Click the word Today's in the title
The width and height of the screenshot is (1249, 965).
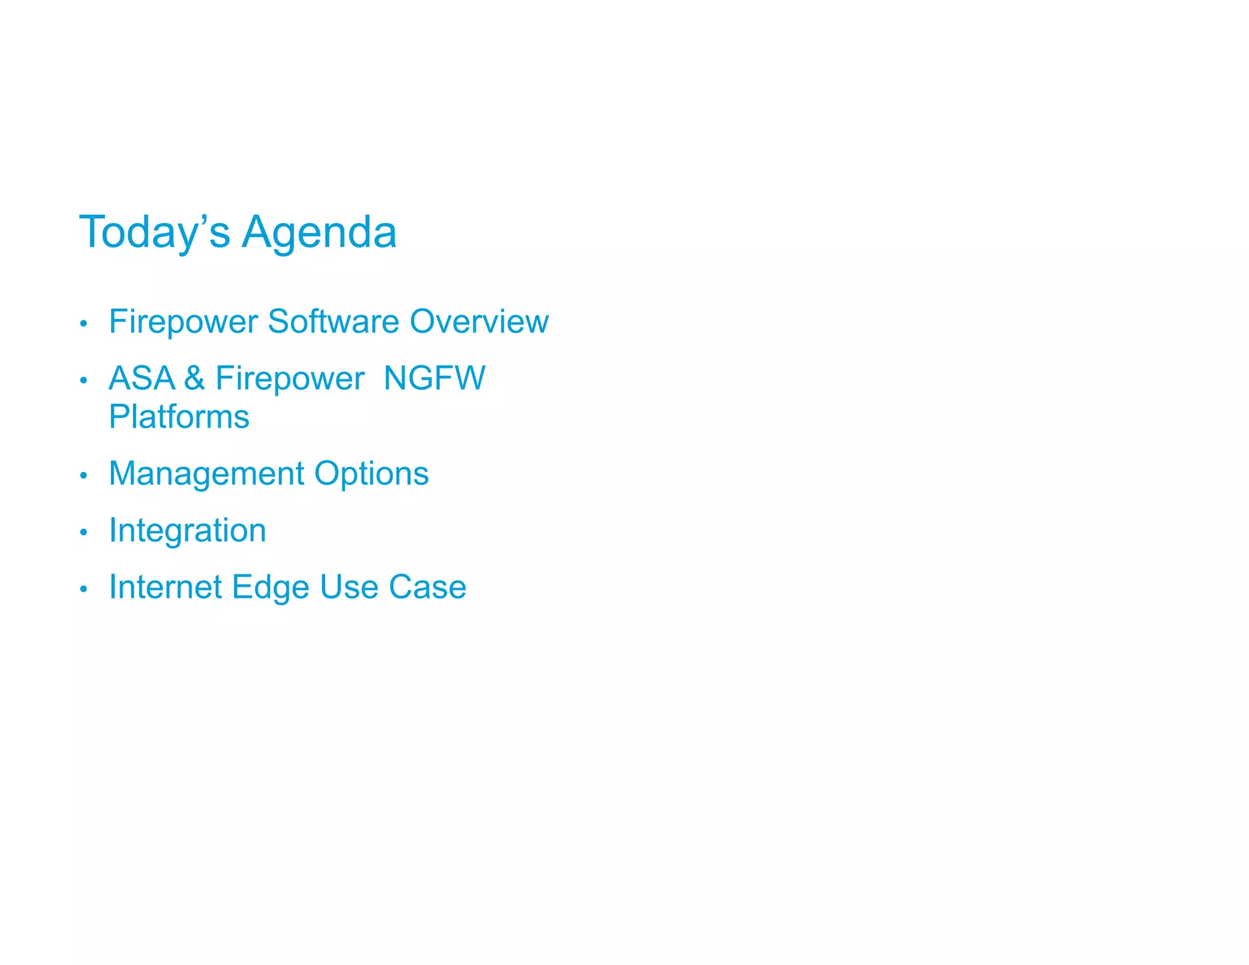pyautogui.click(x=154, y=232)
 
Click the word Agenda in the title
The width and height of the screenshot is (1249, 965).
pyautogui.click(x=319, y=232)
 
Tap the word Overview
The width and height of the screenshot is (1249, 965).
pyautogui.click(x=479, y=321)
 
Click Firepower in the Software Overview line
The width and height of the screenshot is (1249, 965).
pyautogui.click(x=183, y=321)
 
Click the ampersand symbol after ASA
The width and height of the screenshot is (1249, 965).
pyautogui.click(x=194, y=378)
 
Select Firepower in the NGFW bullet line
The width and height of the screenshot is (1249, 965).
pyautogui.click(x=290, y=378)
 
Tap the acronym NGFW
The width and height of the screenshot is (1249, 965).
pyautogui.click(x=434, y=378)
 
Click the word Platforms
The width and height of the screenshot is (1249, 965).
pyautogui.click(x=179, y=417)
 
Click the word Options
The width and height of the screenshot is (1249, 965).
pyautogui.click(x=371, y=473)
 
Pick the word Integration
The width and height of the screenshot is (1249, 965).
pyautogui.click(x=187, y=530)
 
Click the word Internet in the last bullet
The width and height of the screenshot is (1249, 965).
pyautogui.click(x=165, y=587)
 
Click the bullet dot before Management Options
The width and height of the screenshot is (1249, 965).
pyautogui.click(x=84, y=475)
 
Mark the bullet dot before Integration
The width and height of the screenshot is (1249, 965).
pyautogui.click(x=84, y=532)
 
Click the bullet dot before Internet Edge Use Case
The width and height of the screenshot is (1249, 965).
pyautogui.click(x=84, y=589)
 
